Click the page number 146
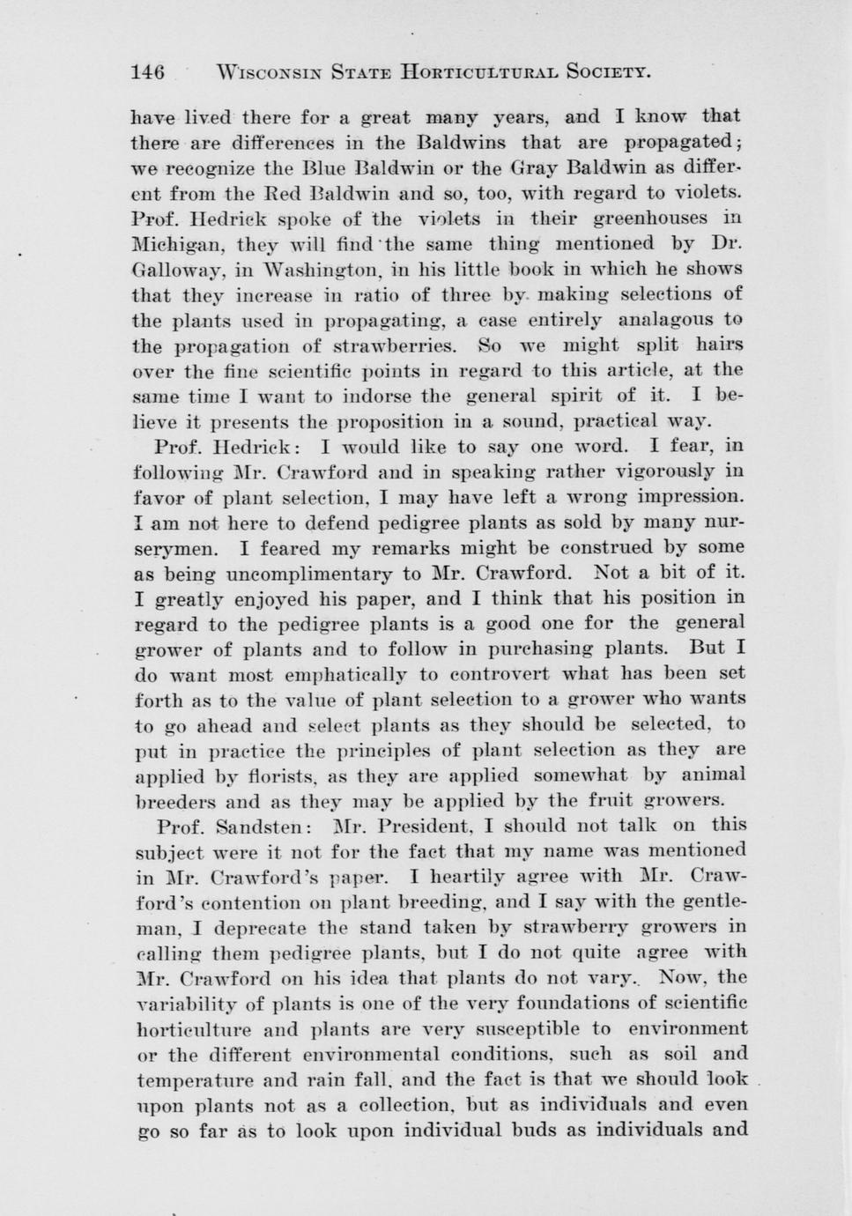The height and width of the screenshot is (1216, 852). click(148, 72)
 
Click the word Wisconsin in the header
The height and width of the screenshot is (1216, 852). click(268, 72)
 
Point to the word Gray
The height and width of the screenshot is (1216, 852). click(531, 167)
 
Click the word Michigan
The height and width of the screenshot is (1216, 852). click(172, 244)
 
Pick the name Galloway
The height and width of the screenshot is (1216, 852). click(173, 270)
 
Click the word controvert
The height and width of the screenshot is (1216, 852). click(493, 674)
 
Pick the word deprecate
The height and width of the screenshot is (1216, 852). click(263, 928)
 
